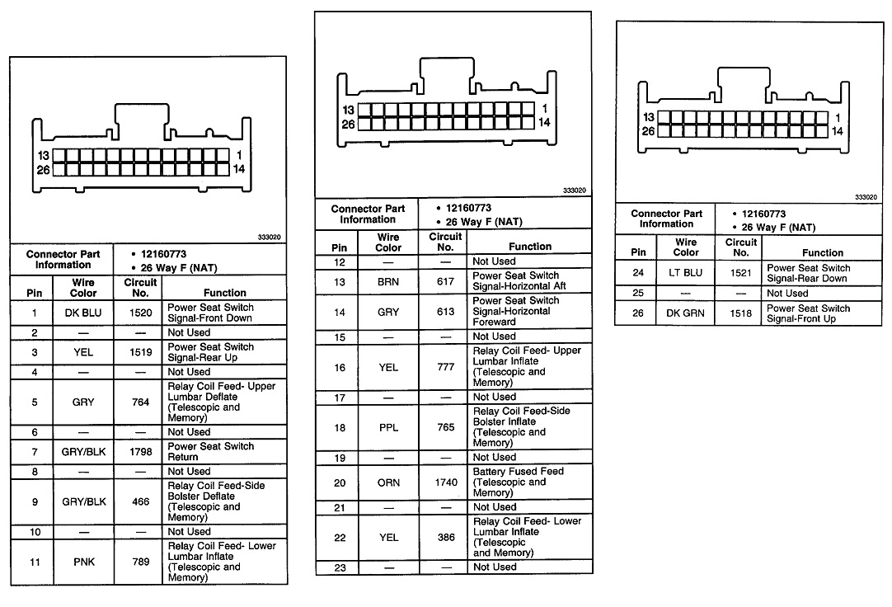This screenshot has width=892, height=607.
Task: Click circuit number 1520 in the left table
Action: click(140, 313)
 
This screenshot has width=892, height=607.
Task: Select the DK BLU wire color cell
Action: click(83, 313)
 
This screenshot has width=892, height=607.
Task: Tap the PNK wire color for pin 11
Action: click(83, 562)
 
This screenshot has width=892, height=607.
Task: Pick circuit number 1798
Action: click(140, 452)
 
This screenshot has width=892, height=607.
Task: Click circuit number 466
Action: click(140, 501)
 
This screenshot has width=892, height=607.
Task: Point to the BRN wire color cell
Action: click(388, 281)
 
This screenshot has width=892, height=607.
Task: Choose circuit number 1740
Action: click(445, 482)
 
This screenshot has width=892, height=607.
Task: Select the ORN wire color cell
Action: click(388, 482)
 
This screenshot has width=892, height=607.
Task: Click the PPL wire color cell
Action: click(388, 427)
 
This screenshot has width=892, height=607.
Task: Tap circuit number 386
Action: click(445, 538)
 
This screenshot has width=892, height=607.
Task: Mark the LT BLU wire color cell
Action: click(686, 273)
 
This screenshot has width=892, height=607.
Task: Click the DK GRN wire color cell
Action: click(686, 313)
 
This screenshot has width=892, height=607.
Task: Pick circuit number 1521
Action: click(740, 273)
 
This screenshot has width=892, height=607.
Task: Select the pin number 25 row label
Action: click(638, 294)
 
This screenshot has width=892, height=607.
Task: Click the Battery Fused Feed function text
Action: click(519, 472)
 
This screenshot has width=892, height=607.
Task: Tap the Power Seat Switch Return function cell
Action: click(210, 452)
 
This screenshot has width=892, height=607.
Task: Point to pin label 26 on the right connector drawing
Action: click(648, 131)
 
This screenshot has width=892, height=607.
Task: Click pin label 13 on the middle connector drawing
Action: click(348, 110)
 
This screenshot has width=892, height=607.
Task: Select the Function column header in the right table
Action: click(822, 252)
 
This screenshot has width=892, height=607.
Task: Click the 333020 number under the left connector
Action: click(270, 238)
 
